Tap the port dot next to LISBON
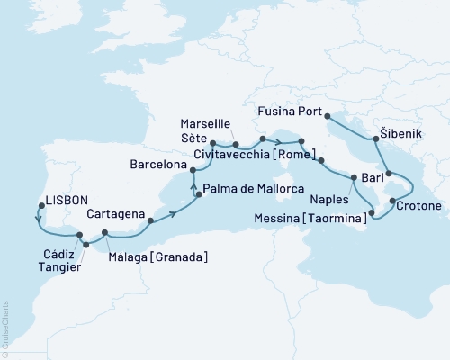pyautogui.click(x=38, y=204)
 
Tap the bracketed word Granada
pyautogui.click(x=184, y=258)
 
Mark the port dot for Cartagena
pyautogui.click(x=150, y=220)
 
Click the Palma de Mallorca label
pyautogui.click(x=253, y=189)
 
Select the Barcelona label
pyautogui.click(x=158, y=166)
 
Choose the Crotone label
pyautogui.click(x=418, y=206)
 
